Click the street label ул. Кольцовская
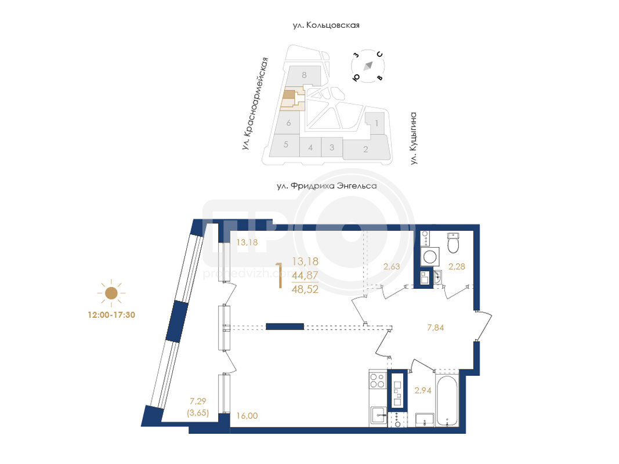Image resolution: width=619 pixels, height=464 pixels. point(326,26)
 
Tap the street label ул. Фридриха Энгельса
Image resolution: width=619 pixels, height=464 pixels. point(327,186)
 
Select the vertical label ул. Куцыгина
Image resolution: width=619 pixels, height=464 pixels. point(413,138)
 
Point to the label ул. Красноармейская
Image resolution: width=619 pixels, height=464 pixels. point(255,103)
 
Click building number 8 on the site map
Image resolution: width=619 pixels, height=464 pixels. point(304,75)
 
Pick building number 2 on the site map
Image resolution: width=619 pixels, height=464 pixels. point(365,149)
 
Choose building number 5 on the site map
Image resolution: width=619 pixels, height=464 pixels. point(286,144)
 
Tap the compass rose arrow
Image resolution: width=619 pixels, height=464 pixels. point(368,66)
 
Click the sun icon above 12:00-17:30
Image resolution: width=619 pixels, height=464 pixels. point(111,293)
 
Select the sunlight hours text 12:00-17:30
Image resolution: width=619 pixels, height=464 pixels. point(111,315)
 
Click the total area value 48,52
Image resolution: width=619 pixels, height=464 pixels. point(305,289)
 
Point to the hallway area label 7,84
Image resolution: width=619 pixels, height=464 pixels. point(436,328)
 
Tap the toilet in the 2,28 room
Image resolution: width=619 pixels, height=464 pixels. point(453,242)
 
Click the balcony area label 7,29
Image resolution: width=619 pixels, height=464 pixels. point(198,401)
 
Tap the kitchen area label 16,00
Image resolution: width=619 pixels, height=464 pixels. point(247,415)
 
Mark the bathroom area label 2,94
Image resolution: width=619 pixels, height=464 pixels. point(422,390)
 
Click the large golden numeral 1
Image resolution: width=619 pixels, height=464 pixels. point(280,275)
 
